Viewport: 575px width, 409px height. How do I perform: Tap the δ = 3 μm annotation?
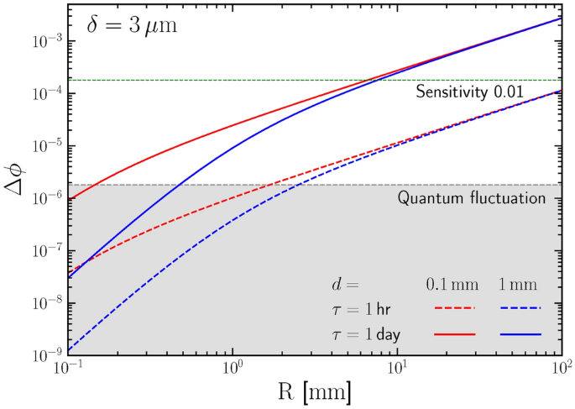[133, 26]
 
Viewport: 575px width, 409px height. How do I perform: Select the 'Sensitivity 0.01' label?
[476, 92]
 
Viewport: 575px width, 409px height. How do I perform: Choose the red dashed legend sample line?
[454, 308]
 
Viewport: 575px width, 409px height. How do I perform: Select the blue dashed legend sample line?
[520, 308]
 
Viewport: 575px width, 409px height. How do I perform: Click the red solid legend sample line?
[454, 334]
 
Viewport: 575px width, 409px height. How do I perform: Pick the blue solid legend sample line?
[520, 334]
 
